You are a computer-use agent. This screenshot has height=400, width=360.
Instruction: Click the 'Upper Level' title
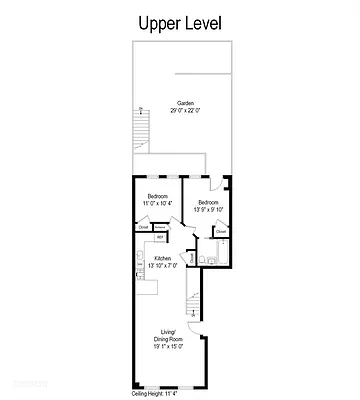point(179,21)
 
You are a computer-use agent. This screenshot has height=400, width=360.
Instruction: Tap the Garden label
point(186,103)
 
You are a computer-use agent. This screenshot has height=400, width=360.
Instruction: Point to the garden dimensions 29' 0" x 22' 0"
point(186,111)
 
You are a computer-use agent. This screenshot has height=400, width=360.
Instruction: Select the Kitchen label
point(161,259)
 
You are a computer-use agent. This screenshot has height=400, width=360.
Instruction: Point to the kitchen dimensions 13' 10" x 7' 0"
point(161,267)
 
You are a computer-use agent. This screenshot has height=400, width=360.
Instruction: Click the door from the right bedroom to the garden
point(209,181)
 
